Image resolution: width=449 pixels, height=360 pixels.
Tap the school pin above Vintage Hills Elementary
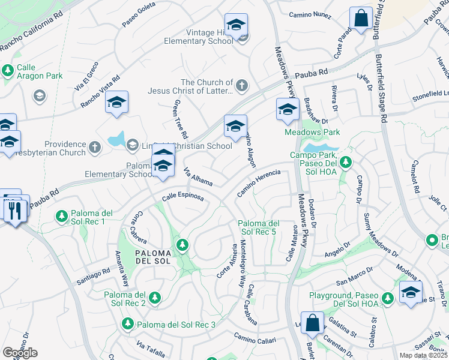point(237,25)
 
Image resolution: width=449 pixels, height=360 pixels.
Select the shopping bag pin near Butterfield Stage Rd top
point(362,19)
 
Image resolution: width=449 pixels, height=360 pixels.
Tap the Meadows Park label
point(312,132)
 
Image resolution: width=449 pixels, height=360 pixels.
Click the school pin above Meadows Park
point(288,110)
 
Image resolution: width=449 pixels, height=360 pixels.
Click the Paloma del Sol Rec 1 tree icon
point(61,215)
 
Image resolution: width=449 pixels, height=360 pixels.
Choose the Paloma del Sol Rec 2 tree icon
point(155,298)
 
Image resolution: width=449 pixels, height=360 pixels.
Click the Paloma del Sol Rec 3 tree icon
point(127,325)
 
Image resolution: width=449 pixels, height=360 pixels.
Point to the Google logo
point(20,353)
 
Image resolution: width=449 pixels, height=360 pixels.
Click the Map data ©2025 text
point(423,356)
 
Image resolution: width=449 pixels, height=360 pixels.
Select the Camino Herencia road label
point(259,181)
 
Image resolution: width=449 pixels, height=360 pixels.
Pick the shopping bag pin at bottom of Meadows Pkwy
point(312,323)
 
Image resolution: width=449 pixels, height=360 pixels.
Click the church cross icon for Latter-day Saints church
point(241,85)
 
